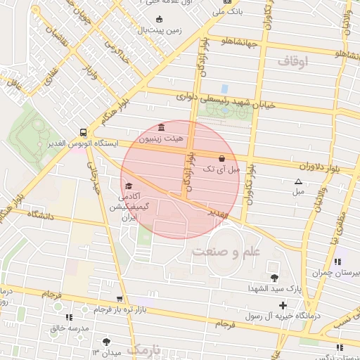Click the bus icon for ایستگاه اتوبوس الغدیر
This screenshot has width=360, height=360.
coord(84,131)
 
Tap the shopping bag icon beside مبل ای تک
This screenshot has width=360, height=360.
coord(222,158)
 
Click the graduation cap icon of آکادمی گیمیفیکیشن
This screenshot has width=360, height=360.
coord(128,186)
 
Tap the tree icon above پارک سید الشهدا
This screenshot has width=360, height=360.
coord(274,278)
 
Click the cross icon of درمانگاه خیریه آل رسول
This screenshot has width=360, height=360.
coord(283,305)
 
